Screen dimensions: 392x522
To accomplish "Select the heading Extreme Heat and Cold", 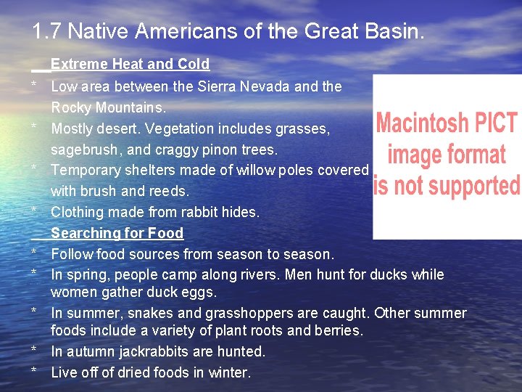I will click(x=130, y=64).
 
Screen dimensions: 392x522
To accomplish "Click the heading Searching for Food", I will click(x=117, y=233).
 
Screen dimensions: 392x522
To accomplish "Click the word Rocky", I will click(x=70, y=107).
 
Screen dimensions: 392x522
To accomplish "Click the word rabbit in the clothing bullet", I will click(x=200, y=213).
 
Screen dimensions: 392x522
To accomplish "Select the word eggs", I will click(x=201, y=293).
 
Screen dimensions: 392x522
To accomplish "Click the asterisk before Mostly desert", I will click(x=34, y=128).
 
